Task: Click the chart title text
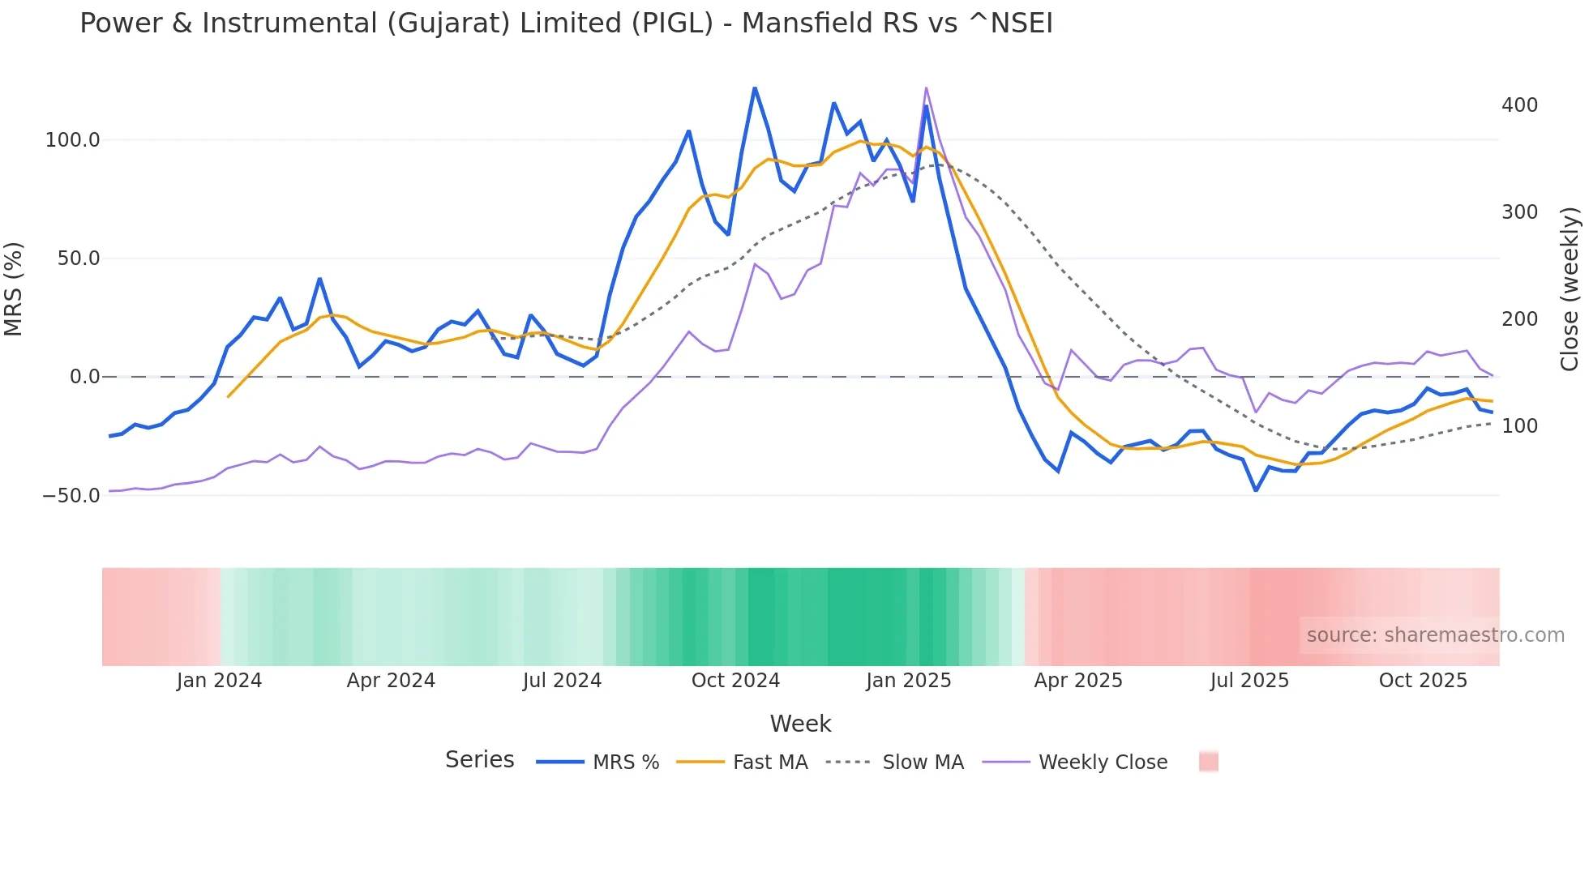point(566,23)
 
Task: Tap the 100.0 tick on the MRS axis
point(72,140)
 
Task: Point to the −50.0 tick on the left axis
point(71,495)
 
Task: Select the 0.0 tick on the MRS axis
point(84,377)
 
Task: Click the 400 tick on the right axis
point(1519,105)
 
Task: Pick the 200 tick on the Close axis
point(1519,319)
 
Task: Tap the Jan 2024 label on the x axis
point(219,681)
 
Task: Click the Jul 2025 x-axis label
point(1249,681)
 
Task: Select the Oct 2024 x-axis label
point(735,681)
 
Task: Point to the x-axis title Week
point(800,724)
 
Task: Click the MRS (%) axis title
point(13,288)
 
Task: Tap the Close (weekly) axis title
point(1570,288)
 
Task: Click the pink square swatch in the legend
point(1208,762)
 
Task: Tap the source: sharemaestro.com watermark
point(1435,635)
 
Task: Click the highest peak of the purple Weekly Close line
point(926,88)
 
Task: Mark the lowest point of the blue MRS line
point(1256,490)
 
